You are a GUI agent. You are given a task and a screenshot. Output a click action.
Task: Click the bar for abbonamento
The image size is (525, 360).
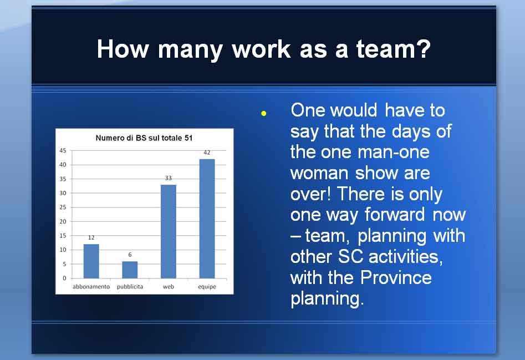point(91,261)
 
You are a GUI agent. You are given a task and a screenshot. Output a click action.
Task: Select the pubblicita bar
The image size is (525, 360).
point(130,270)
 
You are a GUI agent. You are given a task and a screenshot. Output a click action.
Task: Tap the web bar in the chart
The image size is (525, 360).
point(169,231)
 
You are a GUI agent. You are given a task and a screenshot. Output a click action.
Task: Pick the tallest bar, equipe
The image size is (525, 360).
point(207,219)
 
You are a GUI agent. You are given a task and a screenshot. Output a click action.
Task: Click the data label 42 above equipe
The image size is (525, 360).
point(207,153)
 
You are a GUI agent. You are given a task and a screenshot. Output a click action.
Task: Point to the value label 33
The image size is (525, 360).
point(169,178)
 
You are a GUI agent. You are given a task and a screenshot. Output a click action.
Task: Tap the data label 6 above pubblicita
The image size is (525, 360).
point(130,255)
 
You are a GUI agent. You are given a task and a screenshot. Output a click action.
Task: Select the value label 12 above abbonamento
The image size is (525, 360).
point(91,238)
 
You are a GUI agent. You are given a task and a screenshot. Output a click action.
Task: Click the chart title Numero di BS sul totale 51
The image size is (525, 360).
point(144,138)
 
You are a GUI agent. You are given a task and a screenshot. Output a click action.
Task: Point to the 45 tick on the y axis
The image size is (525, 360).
point(63,151)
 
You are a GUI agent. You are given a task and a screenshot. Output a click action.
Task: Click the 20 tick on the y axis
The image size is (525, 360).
point(63,221)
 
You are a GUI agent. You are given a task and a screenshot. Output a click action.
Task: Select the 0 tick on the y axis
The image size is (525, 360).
point(65,278)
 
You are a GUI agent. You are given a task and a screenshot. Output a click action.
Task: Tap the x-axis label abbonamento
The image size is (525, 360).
point(91,287)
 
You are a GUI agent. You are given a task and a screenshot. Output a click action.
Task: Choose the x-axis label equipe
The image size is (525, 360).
point(207,287)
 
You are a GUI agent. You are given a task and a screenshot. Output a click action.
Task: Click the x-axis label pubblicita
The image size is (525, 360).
point(130,287)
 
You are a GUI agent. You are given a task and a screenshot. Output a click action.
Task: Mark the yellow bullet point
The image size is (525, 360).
point(264,114)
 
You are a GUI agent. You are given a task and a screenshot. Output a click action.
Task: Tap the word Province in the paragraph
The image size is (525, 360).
point(396,278)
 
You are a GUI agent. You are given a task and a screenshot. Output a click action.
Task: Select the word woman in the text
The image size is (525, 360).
point(319,174)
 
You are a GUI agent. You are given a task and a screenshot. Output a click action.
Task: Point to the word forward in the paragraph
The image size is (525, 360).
point(395,214)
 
